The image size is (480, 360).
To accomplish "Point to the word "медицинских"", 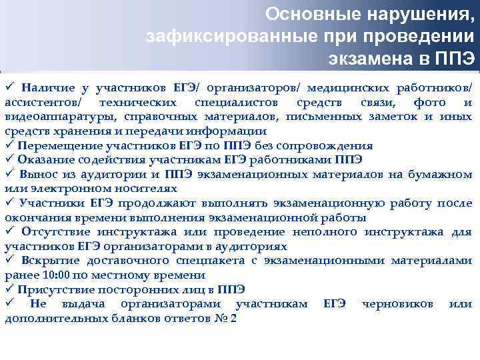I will (357, 88).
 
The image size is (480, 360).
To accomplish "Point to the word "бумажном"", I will (446, 174).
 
